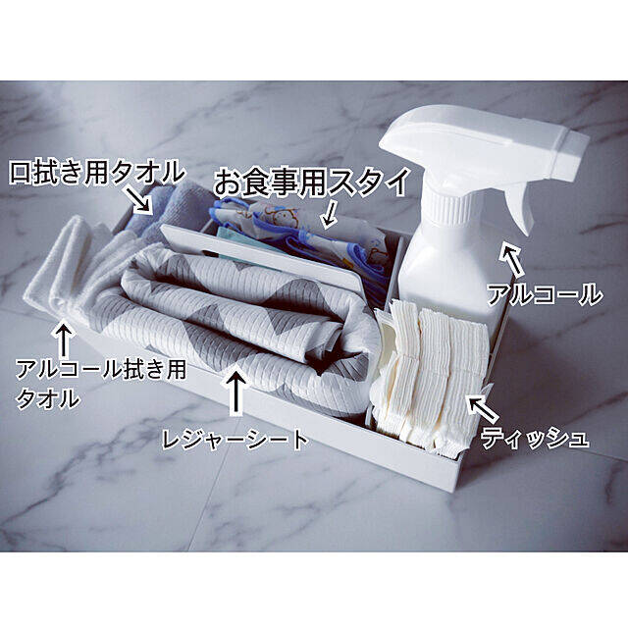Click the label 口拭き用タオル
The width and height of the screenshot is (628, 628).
(97, 173)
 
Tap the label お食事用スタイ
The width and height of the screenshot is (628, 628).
(312, 183)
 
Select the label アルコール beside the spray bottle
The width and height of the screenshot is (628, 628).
(545, 293)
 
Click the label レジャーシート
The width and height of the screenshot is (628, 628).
(235, 439)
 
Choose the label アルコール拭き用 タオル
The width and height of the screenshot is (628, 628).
(100, 383)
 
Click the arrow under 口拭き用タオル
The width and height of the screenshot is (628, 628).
(140, 200)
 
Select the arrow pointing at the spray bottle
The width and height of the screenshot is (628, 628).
(511, 260)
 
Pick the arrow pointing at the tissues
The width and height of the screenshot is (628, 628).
(484, 408)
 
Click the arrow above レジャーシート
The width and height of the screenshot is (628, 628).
(237, 392)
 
